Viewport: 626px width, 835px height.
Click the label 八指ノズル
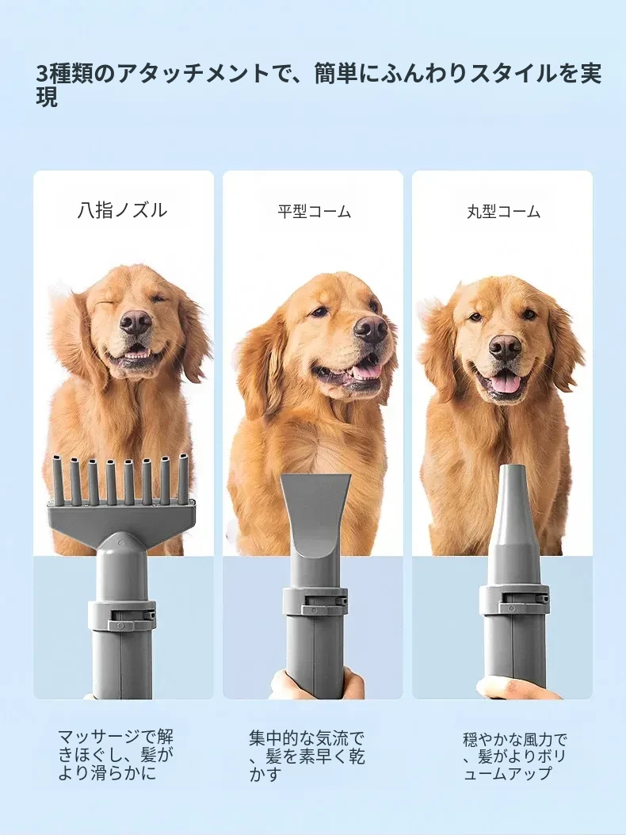coord(123,210)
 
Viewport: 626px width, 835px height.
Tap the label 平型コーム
coord(314,212)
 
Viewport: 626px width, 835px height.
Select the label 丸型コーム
coord(503,212)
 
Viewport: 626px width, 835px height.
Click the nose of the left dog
coord(136,322)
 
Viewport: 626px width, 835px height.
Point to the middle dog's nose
coord(371,327)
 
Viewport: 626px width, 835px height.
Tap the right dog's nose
coord(506,349)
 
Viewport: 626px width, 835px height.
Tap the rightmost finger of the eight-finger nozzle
coord(183,477)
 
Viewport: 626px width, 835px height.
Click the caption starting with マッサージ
coord(116,755)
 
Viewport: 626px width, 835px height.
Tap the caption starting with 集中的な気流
coord(307,756)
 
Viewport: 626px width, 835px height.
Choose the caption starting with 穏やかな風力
coord(515,756)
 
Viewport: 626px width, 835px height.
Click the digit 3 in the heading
coord(42,74)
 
